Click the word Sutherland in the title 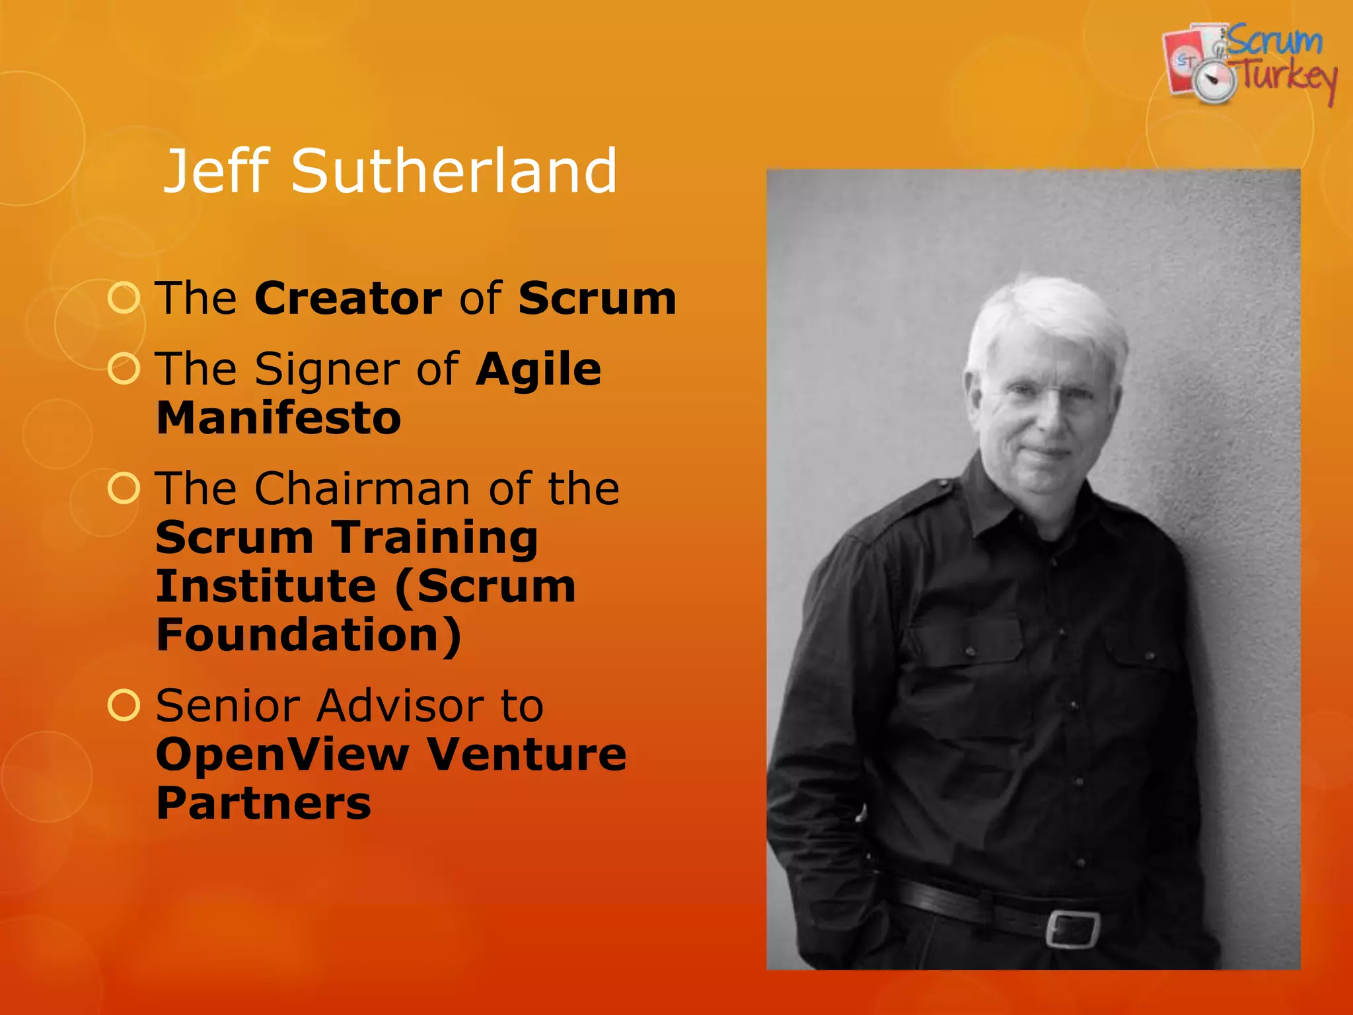pyautogui.click(x=455, y=171)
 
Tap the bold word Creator pyautogui.click(x=348, y=299)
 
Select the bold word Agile pyautogui.click(x=538, y=370)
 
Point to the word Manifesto pyautogui.click(x=279, y=418)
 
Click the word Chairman pyautogui.click(x=363, y=489)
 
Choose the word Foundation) pyautogui.click(x=309, y=635)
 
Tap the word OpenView pyautogui.click(x=282, y=755)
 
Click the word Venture pyautogui.click(x=527, y=755)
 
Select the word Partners pyautogui.click(x=264, y=804)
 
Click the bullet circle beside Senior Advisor pyautogui.click(x=124, y=705)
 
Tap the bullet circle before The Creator pyautogui.click(x=124, y=298)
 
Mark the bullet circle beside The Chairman pyautogui.click(x=124, y=488)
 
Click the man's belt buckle pyautogui.click(x=1072, y=928)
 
